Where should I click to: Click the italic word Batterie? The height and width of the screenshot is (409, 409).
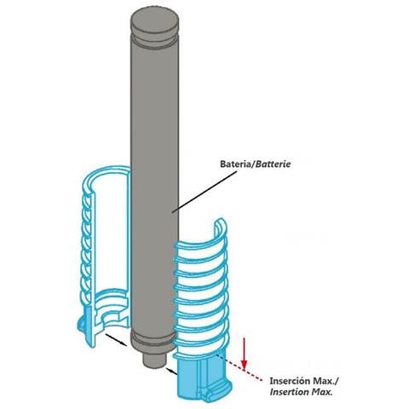pos(273,164)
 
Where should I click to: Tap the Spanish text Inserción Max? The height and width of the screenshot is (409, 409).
pos(304,381)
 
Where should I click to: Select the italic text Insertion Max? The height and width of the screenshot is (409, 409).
pos(301,392)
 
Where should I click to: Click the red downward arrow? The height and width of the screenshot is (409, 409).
pos(244,354)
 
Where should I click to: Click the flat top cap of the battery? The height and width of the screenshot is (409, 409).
pos(155,22)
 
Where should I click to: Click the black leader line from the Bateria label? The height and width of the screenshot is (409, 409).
pos(204,191)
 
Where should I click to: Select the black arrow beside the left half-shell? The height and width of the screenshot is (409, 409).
pos(116,340)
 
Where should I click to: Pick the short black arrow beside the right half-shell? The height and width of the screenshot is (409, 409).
pos(172,371)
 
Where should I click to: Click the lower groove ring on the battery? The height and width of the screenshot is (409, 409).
pos(153,339)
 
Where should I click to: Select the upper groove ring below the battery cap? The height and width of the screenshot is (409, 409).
pos(155,39)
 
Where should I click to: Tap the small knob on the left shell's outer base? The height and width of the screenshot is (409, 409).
pos(81,324)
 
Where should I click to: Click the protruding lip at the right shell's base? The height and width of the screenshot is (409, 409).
pos(218,393)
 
